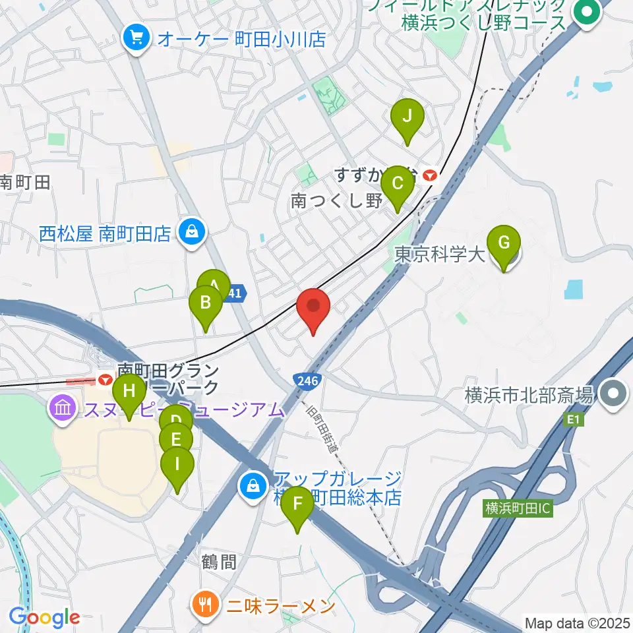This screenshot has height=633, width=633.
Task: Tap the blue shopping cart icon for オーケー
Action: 136,38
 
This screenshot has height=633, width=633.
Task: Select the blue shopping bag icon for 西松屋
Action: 191,232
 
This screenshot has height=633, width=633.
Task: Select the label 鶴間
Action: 218,562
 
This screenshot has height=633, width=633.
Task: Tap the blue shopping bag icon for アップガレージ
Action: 253,487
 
